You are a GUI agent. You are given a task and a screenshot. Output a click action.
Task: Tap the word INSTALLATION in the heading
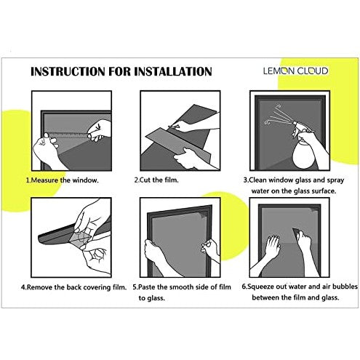[173, 72]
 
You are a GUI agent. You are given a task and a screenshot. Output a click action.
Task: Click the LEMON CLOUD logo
[295, 71]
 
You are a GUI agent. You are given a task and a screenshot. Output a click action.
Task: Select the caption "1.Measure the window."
[63, 180]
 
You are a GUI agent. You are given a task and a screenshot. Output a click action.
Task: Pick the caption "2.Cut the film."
[156, 180]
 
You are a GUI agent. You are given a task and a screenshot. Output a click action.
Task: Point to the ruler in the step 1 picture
[68, 135]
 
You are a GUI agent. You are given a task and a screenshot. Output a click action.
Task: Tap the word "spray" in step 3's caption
[335, 180]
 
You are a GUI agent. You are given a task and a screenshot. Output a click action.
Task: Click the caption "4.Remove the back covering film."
[73, 287]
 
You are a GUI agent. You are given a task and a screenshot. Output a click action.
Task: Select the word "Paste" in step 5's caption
[147, 287]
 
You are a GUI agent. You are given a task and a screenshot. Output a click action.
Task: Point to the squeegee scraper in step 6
[296, 233]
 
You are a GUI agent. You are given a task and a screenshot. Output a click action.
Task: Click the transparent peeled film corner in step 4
[80, 238]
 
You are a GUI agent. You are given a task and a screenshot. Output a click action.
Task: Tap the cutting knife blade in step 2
[174, 127]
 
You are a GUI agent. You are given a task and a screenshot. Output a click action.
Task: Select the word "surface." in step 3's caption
[324, 191]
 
